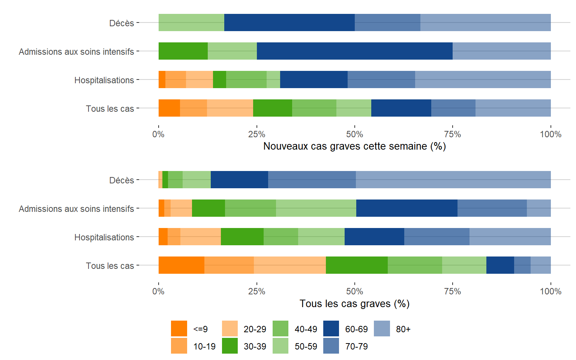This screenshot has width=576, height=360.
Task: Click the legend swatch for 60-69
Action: click(331, 328)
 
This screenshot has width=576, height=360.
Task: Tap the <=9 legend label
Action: click(200, 329)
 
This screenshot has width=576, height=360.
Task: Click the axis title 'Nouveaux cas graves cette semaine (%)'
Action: click(354, 146)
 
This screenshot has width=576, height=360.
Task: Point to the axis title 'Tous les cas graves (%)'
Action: click(354, 304)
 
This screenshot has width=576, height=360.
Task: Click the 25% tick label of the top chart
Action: click(256, 134)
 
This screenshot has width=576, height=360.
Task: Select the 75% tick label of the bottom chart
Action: click(453, 291)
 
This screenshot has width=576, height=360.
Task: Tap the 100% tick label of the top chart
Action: click(550, 134)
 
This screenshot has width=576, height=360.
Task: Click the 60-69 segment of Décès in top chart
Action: click(289, 22)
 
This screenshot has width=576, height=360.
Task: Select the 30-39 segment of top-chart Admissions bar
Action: click(183, 51)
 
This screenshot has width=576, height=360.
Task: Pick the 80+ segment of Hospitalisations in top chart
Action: click(483, 79)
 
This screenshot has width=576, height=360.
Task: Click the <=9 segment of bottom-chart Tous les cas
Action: click(181, 265)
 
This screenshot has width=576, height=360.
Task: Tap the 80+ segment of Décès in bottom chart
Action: click(453, 180)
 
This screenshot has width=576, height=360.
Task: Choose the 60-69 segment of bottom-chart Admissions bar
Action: click(406, 208)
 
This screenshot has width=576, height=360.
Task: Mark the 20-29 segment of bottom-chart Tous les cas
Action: click(289, 265)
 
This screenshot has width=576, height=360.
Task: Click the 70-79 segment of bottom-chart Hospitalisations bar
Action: click(436, 237)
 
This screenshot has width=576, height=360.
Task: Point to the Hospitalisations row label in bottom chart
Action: click(104, 237)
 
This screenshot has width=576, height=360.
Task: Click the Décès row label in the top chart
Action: click(121, 23)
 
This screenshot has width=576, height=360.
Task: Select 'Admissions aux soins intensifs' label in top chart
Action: click(76, 52)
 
